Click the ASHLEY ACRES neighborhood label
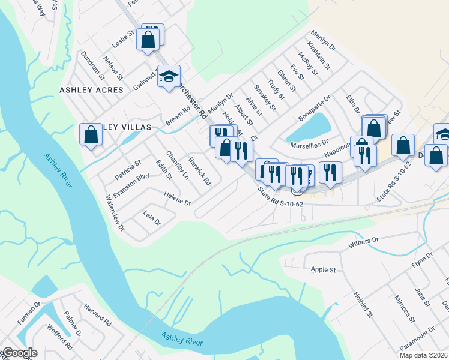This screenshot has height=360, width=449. (91, 90)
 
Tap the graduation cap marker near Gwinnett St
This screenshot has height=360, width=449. (169, 76)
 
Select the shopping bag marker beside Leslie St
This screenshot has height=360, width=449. (148, 40)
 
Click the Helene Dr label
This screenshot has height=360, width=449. (177, 198)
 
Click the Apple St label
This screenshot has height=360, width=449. (323, 270)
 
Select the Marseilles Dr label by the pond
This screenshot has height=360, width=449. (309, 143)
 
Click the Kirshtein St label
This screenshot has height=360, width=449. (318, 55)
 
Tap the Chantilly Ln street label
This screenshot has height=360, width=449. (178, 165)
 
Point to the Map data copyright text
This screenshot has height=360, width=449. (423, 355)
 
